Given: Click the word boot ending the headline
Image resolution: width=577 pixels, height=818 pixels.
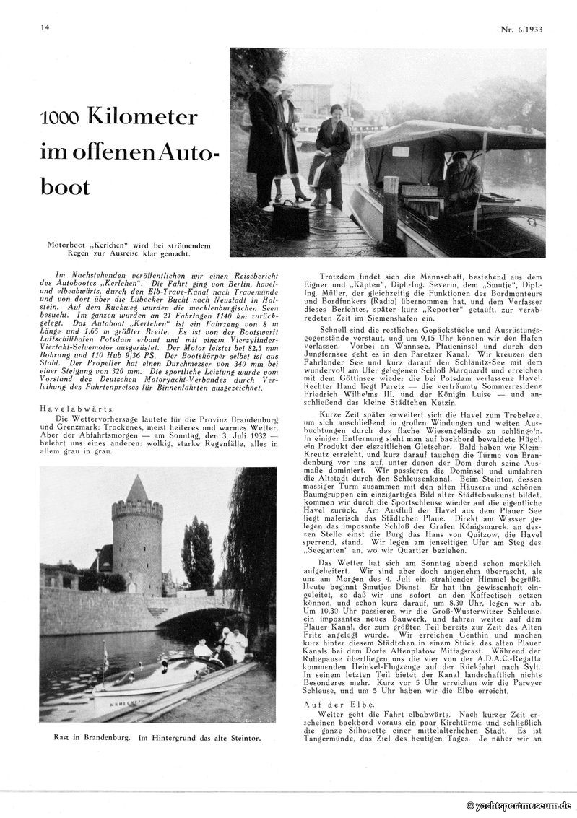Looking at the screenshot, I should (x=66, y=186).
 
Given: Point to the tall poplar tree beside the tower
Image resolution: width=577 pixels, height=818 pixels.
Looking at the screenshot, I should (x=197, y=552).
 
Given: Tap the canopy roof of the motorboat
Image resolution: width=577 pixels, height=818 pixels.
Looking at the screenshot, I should (x=448, y=135).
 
